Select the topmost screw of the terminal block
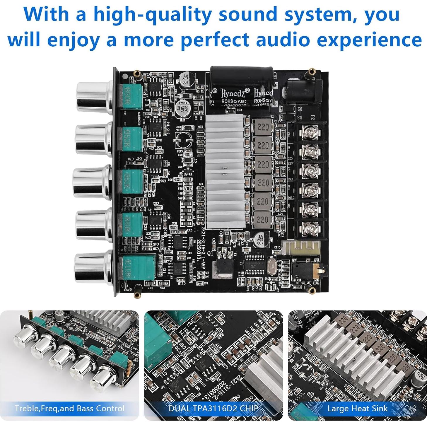pos(310,133)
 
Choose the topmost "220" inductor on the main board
pos(262,127)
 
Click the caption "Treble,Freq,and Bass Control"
pos(70,408)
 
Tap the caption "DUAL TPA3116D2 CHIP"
pos(213,408)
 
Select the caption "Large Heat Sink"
pos(357,408)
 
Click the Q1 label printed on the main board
pos(210,253)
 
